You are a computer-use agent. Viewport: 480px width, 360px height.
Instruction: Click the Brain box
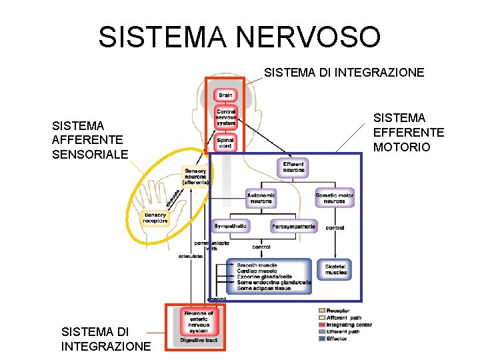(x=225, y=95)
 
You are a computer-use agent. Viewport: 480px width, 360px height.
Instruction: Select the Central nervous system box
(x=225, y=117)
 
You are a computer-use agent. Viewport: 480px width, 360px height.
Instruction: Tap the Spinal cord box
(x=225, y=143)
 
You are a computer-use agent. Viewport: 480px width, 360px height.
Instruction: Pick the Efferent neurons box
(x=293, y=167)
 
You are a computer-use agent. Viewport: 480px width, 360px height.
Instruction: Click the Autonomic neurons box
(x=261, y=198)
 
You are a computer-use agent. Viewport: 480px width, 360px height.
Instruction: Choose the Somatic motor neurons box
(x=335, y=198)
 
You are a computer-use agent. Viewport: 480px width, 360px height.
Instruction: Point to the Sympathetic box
(x=231, y=227)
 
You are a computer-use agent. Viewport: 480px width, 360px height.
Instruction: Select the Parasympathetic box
(x=293, y=227)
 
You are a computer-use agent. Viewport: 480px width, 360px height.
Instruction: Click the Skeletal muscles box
(x=335, y=269)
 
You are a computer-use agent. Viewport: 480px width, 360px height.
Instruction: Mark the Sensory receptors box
(x=155, y=217)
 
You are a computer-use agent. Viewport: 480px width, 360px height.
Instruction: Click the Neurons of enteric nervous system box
(x=198, y=321)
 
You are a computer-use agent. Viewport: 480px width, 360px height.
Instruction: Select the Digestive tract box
(x=198, y=341)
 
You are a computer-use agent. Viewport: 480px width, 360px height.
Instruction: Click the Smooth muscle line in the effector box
(x=257, y=265)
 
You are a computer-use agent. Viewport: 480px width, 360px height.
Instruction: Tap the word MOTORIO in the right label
(x=402, y=147)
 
